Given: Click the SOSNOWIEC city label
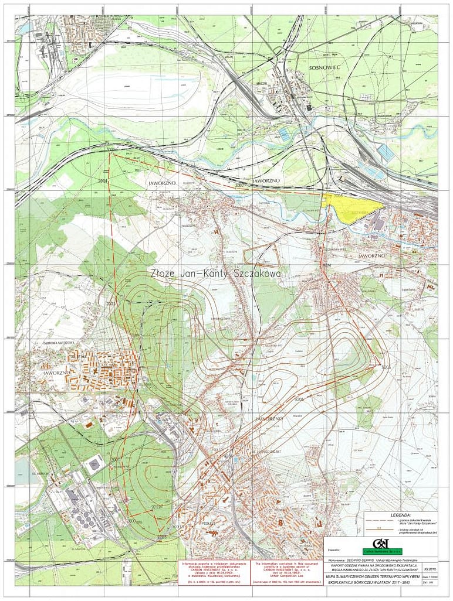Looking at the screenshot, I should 320,68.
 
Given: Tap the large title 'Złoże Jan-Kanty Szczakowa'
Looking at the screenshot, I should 215,274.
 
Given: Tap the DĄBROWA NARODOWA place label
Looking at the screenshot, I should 59,343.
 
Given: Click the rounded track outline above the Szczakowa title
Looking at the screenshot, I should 260,256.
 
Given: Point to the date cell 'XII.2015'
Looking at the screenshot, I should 430,568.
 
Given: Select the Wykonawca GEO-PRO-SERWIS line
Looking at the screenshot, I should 372,560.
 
